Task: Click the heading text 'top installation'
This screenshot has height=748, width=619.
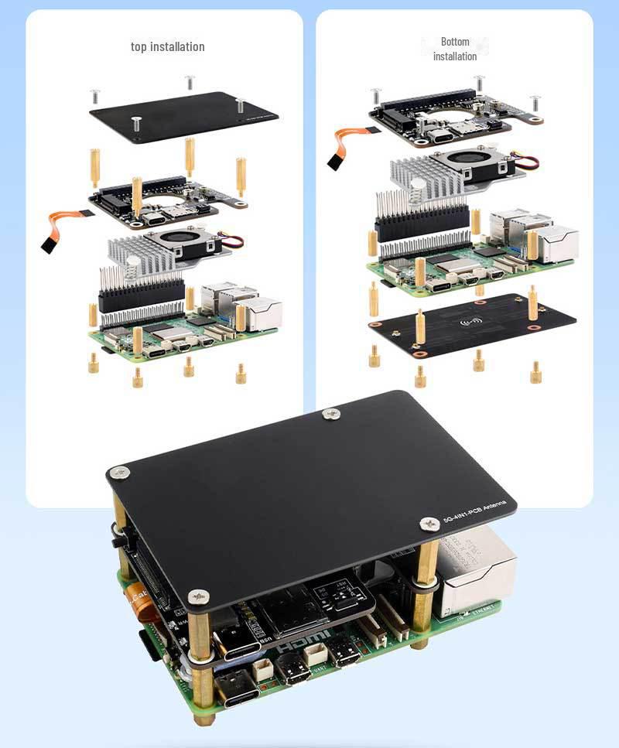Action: point(168,46)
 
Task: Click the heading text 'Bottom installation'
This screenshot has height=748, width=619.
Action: point(455,49)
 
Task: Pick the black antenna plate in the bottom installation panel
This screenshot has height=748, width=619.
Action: point(472,325)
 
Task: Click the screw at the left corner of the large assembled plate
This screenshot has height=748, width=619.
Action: point(118,472)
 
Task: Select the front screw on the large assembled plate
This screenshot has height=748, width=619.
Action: point(199,596)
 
